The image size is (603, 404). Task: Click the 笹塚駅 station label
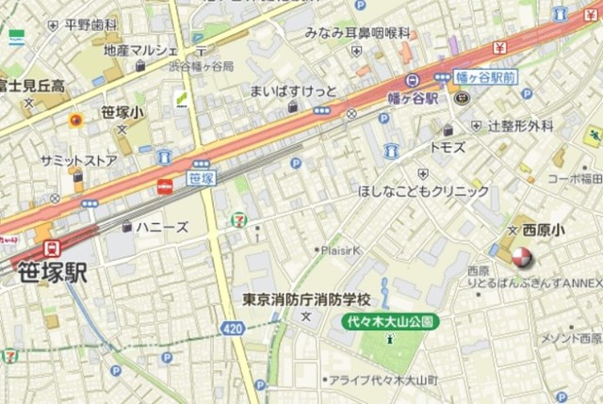point(53,271)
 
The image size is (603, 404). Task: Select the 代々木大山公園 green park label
point(390,321)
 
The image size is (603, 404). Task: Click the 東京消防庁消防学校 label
point(306,300)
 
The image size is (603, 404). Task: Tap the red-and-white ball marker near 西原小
point(519,255)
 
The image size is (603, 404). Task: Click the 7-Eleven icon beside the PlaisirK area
point(237,220)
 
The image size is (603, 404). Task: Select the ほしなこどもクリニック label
point(424,191)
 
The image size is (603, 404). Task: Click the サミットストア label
point(78,161)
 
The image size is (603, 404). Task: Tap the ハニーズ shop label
point(161,227)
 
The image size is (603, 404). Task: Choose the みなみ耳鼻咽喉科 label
point(357,33)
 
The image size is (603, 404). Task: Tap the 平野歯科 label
point(91,25)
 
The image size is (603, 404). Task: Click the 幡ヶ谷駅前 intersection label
point(486,75)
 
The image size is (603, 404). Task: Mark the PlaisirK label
point(341,250)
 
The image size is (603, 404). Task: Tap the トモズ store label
point(448,148)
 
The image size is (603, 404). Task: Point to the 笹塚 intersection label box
point(201,177)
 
